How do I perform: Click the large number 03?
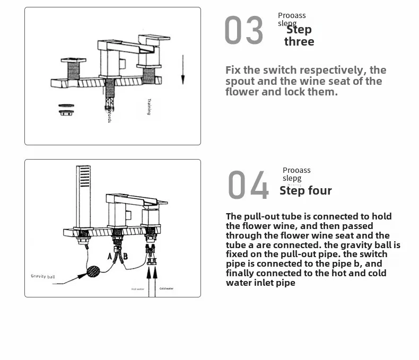click(243, 31)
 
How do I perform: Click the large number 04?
click(248, 185)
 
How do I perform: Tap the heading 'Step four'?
click(305, 191)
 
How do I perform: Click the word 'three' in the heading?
click(299, 42)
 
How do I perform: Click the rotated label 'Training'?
click(149, 107)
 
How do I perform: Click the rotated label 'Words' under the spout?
click(109, 117)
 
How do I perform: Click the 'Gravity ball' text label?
click(42, 276)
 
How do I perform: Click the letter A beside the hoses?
click(110, 256)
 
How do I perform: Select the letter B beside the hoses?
click(125, 257)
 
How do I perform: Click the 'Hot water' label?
click(138, 289)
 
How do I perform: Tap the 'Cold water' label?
click(166, 289)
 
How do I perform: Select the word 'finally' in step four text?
click(242, 274)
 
